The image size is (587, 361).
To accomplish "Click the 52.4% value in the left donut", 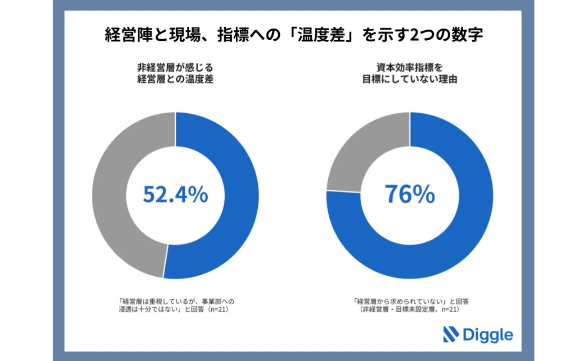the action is (176, 194).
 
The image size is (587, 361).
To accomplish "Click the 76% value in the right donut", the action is (410, 194).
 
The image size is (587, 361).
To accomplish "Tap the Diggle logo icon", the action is (451, 334).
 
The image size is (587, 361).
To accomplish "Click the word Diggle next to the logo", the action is (488, 335).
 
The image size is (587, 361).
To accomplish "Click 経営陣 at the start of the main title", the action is (128, 35).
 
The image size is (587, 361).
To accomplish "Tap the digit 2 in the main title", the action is (414, 35).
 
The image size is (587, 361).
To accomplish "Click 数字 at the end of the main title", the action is (467, 35).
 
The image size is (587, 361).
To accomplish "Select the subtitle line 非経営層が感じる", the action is (175, 68).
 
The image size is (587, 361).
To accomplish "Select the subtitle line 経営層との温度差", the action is (175, 79).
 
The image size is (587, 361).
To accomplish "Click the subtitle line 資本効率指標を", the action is (410, 68).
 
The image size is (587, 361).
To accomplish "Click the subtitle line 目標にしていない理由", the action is (410, 79).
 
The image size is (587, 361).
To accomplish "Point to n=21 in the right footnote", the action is (450, 310).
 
